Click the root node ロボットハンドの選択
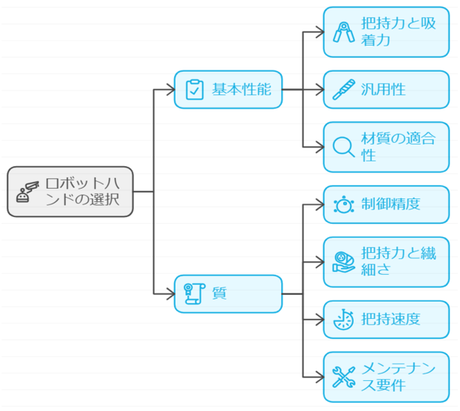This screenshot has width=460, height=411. pos(70,192)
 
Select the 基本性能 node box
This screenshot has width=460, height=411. pos(228,90)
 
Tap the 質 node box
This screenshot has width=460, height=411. pos(228,293)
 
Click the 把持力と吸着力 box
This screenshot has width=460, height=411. pos(386,32)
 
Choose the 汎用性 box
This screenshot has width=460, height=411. pos(386,90)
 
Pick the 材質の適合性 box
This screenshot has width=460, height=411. pos(386,147)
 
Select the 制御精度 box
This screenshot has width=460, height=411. pos(386,204)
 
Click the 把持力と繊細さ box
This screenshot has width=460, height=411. pos(386,261)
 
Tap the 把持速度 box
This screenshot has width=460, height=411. pos(386,320)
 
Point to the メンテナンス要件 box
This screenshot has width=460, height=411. pos(386,377)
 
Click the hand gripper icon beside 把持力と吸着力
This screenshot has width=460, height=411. pos(343,32)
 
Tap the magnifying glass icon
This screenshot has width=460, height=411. pos(343,147)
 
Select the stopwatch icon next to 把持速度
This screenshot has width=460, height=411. pos(343,320)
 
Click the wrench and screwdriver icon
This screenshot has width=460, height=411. pos(343,377)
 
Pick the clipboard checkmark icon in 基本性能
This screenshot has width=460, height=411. pos(194,90)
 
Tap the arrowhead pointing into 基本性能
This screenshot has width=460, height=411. pos(170,90)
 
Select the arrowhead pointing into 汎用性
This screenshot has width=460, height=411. pos(319,90)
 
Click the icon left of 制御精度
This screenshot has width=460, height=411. pos(343,204)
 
